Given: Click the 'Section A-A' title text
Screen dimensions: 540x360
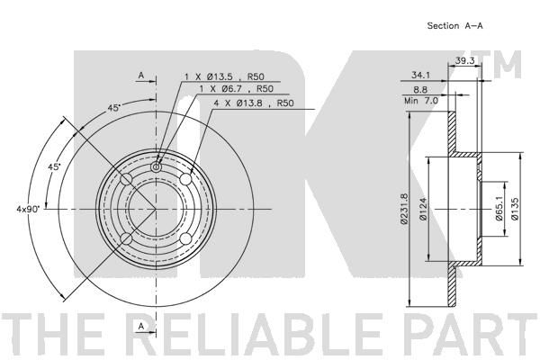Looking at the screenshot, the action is click(x=454, y=25).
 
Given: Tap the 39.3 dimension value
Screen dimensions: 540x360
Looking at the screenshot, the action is click(x=465, y=60).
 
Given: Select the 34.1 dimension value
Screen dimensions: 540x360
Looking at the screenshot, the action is click(x=420, y=75).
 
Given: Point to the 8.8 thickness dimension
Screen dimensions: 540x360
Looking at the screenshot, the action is click(x=420, y=90).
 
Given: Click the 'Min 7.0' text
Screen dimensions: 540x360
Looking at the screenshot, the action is click(x=421, y=101).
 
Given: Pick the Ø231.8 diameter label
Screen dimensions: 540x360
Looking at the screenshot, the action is click(x=404, y=209).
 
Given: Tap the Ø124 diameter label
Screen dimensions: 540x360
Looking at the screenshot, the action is click(x=423, y=209).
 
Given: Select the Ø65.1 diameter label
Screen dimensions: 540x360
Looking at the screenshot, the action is click(x=499, y=209).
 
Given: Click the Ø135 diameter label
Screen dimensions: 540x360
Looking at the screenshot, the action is click(x=515, y=209).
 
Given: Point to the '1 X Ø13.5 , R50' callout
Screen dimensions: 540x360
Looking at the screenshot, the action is click(x=224, y=76).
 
